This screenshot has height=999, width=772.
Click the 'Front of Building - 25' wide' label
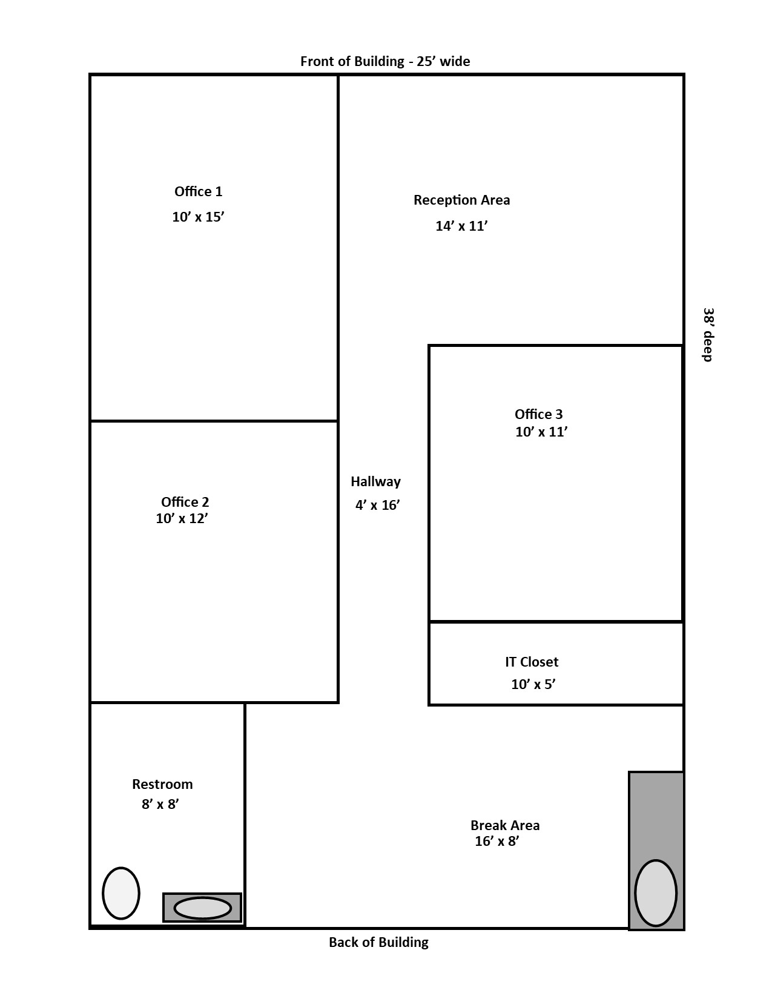(385, 61)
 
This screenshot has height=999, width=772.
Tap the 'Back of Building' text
(378, 942)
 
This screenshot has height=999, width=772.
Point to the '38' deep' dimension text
(708, 335)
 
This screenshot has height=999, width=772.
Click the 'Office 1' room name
(198, 191)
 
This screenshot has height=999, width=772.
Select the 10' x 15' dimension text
(198, 217)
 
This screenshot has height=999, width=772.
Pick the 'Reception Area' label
(461, 200)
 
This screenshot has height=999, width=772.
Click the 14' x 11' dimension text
(461, 226)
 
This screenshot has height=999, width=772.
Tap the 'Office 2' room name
(185, 501)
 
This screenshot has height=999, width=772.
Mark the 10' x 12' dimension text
(182, 518)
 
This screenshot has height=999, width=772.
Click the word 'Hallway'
(375, 481)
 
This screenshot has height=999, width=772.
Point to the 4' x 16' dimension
(377, 505)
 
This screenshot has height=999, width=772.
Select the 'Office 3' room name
(538, 414)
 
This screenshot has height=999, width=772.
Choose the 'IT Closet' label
(532, 662)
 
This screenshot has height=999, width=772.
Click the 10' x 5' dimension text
(533, 684)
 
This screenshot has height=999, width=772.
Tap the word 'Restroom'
(162, 784)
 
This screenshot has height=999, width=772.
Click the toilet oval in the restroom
(121, 893)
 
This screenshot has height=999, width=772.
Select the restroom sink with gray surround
(202, 908)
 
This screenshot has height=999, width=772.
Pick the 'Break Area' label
(505, 825)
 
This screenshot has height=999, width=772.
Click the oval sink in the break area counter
(656, 893)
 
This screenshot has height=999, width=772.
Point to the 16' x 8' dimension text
(497, 842)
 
